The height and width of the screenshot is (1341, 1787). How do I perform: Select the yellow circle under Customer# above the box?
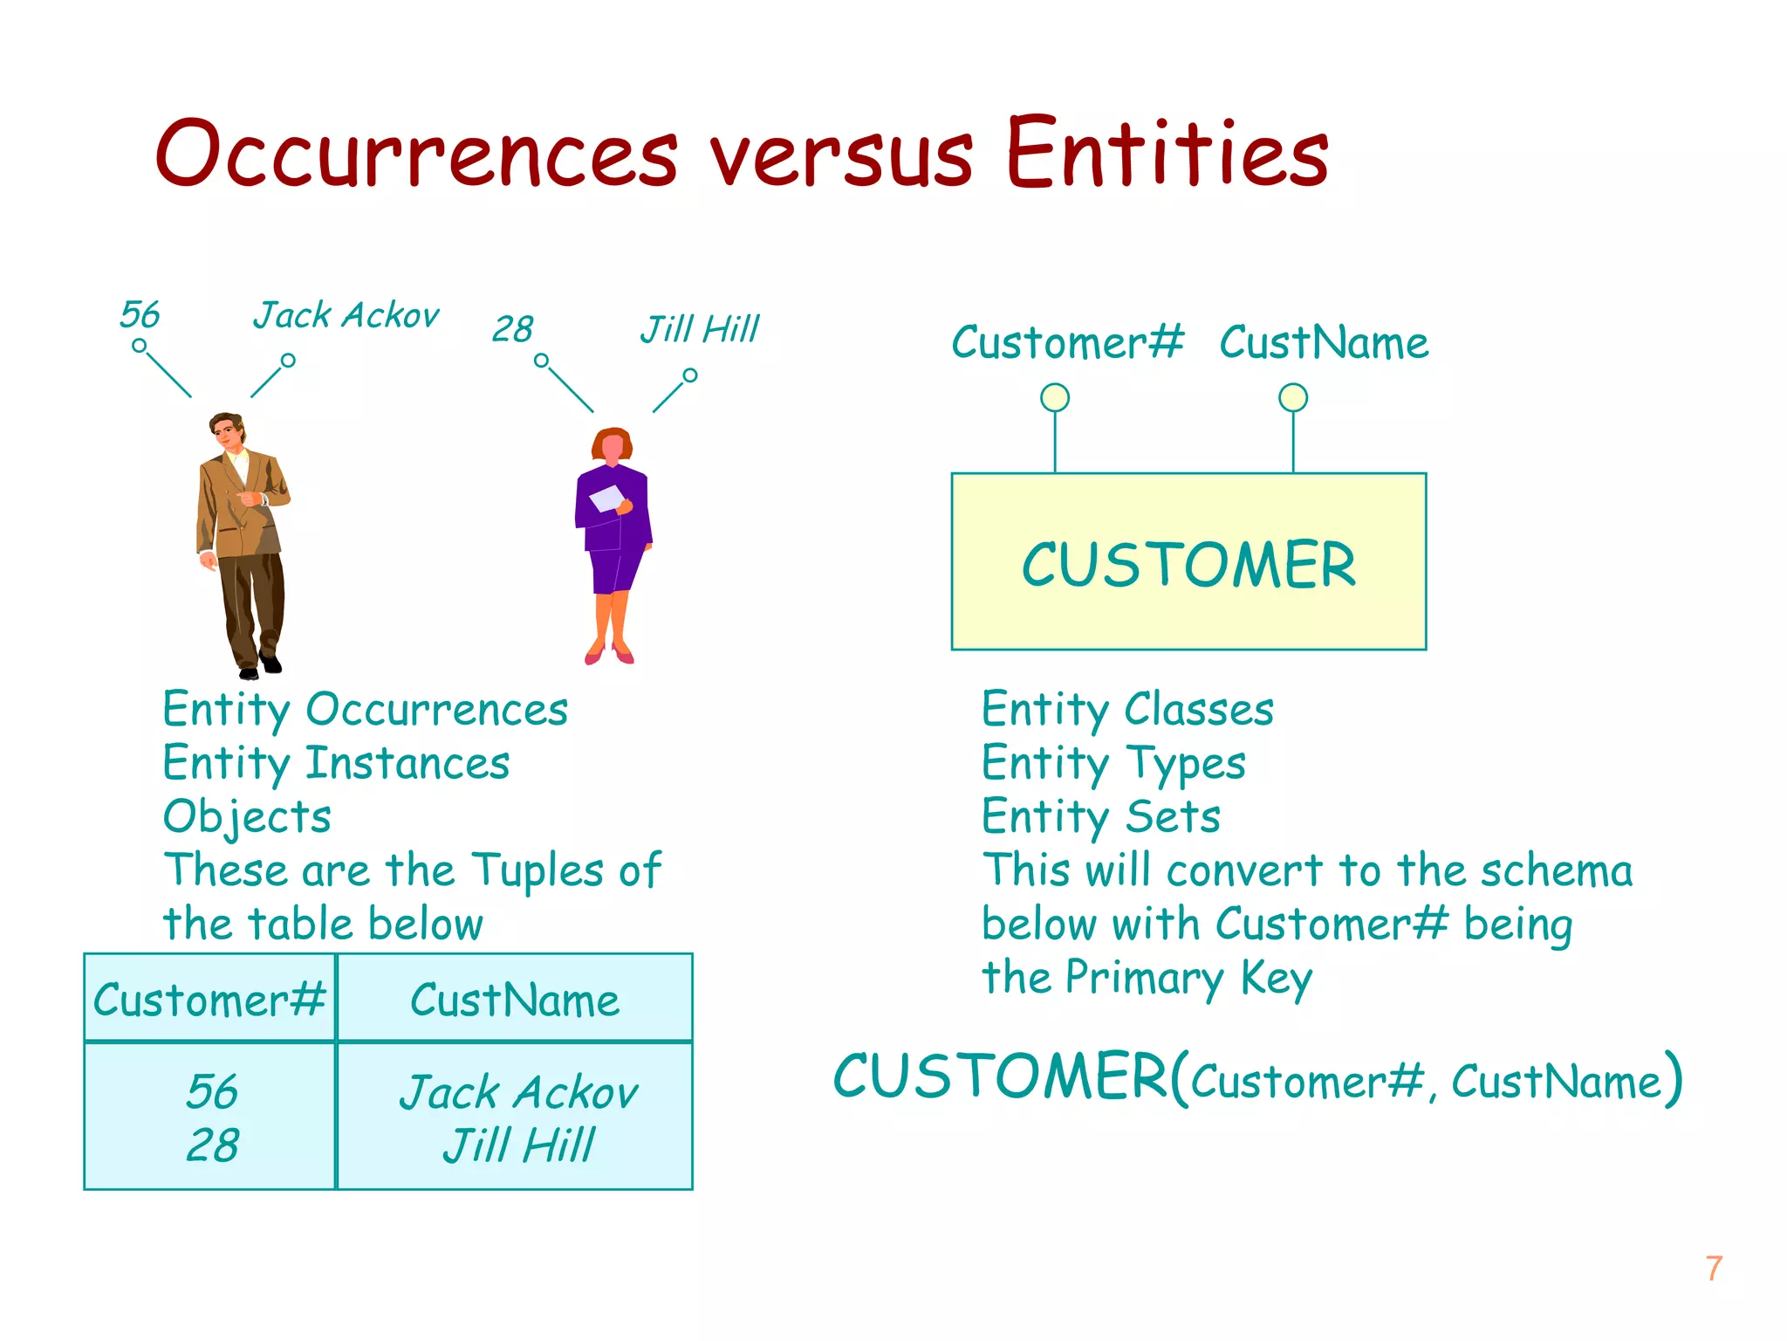(1055, 398)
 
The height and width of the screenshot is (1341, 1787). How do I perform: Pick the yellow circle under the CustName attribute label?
(1292, 398)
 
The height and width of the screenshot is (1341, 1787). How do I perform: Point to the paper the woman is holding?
(607, 499)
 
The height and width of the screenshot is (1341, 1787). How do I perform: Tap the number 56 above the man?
(140, 314)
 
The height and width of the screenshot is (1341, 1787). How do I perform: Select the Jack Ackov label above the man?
(346, 315)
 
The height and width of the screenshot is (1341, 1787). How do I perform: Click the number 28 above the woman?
(512, 329)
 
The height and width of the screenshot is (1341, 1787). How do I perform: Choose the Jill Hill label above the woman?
(700, 329)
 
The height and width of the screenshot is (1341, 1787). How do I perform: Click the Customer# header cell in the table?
(209, 1000)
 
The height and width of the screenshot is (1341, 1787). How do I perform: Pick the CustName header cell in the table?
(515, 1000)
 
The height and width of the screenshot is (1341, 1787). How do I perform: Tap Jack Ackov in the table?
(518, 1092)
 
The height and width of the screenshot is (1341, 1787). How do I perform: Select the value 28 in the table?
(212, 1145)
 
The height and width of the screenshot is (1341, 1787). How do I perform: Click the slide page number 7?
(1714, 1269)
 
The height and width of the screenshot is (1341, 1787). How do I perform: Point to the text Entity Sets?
(1101, 817)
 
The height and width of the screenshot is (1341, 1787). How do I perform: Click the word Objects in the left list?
(247, 817)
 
